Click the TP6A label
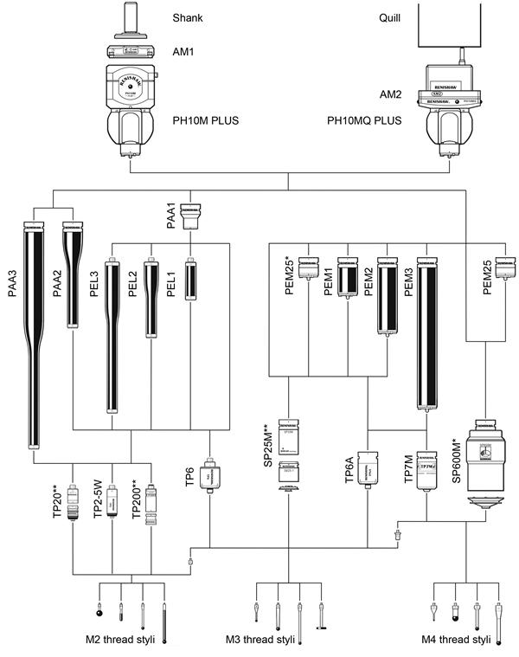click(x=350, y=470)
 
